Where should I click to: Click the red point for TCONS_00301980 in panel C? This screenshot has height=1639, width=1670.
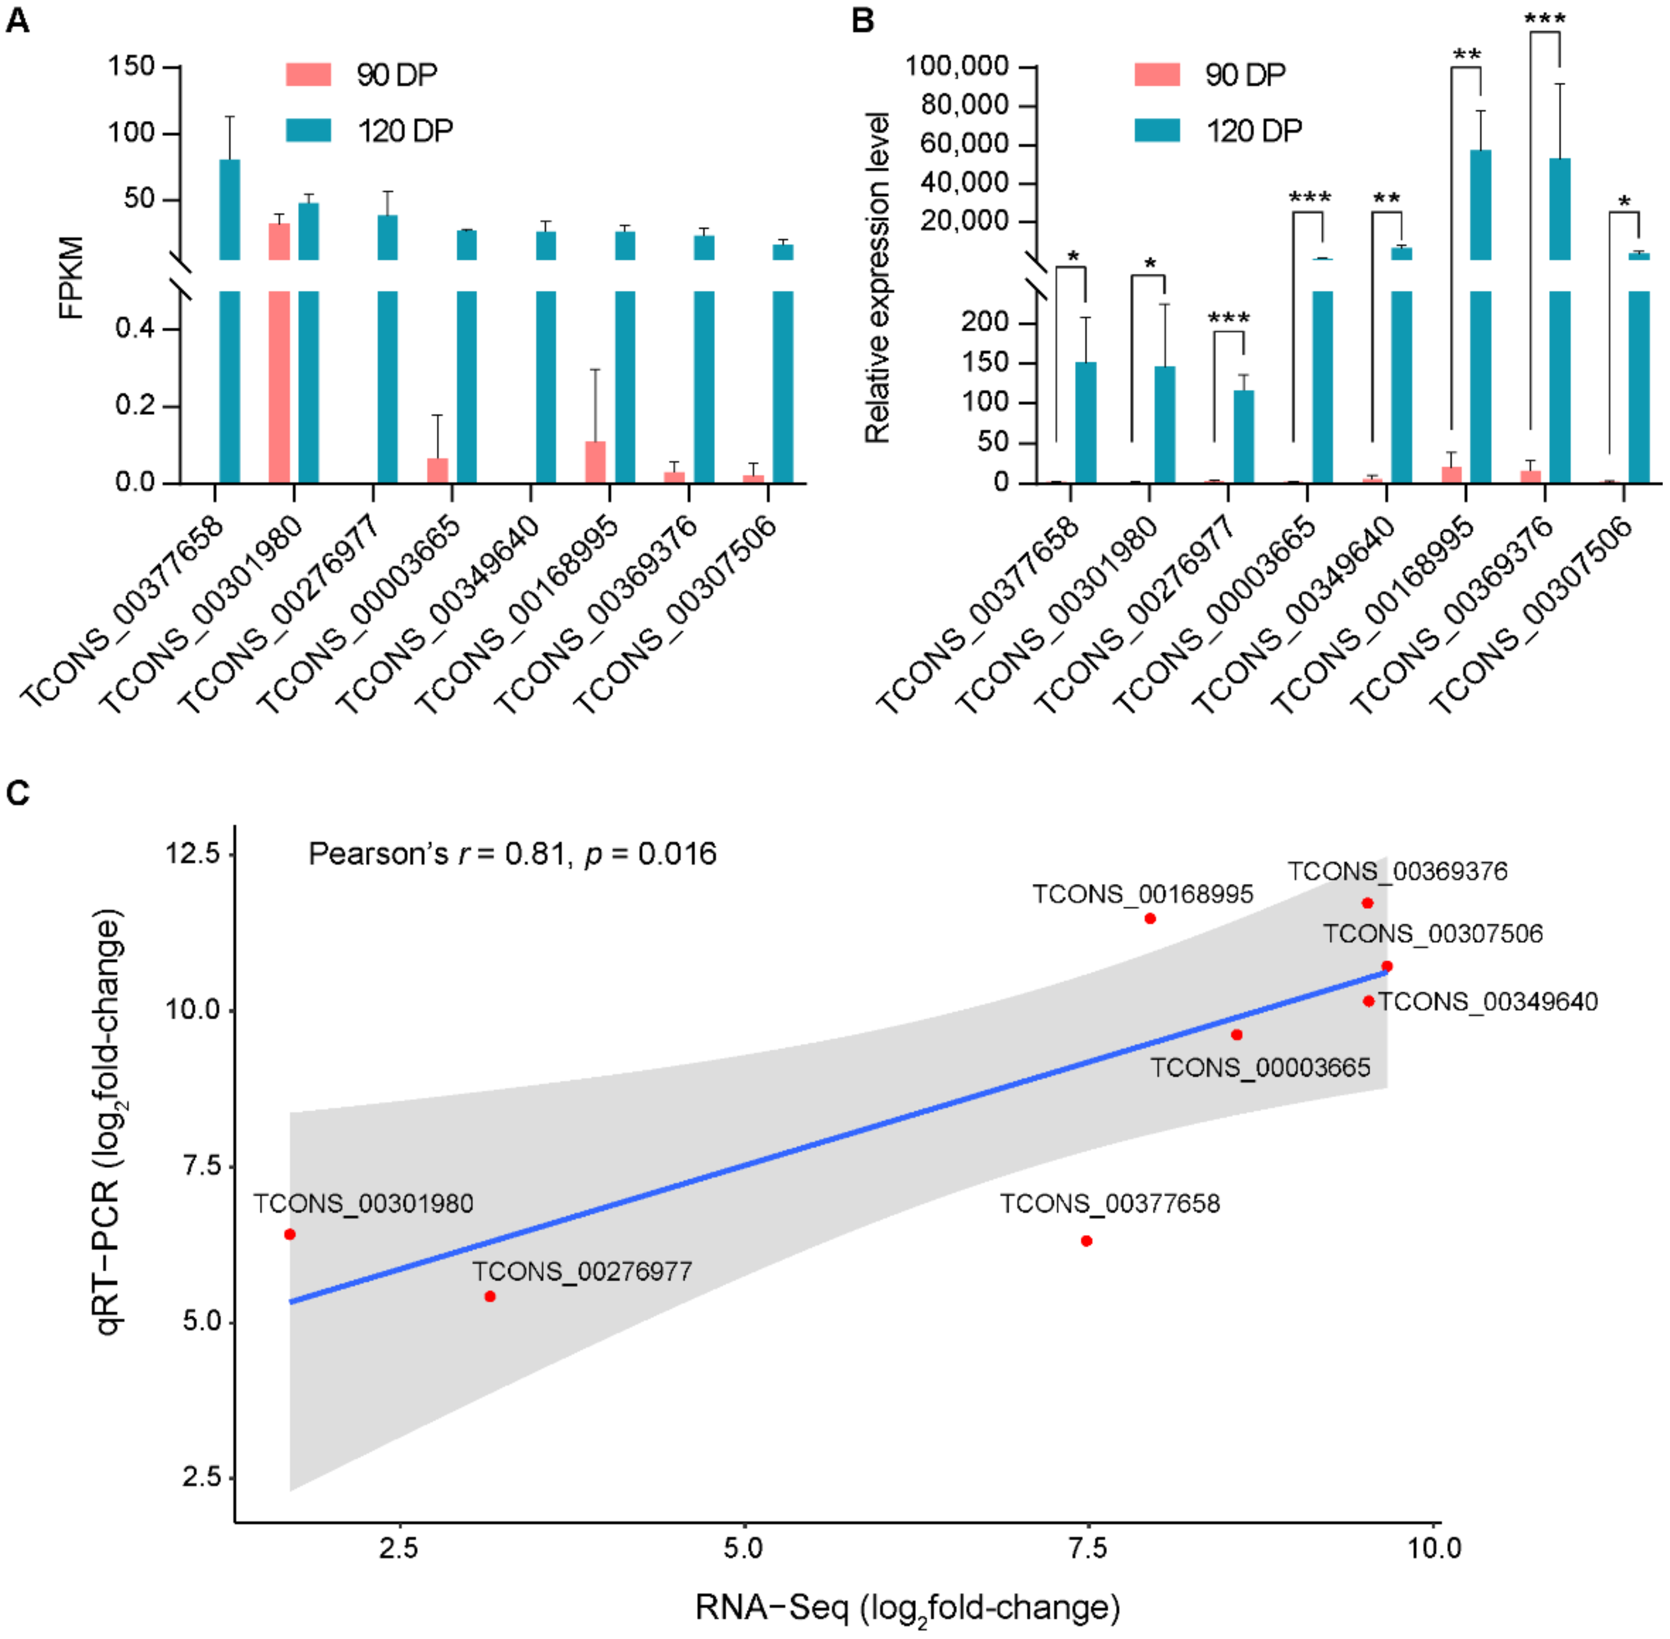click(x=290, y=1234)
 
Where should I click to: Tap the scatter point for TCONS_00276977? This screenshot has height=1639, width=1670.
click(x=490, y=1296)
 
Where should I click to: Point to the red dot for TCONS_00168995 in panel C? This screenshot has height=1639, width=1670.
click(x=1150, y=919)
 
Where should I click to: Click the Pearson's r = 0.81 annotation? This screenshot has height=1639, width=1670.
click(x=512, y=854)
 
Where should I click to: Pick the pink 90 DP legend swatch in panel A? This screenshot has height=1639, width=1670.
click(x=308, y=75)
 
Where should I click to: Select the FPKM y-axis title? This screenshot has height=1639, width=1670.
click(x=72, y=277)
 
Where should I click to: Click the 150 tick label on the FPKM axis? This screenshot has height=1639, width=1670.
click(x=131, y=66)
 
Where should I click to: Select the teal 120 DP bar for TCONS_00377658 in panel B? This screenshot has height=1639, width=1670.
click(x=1085, y=422)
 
